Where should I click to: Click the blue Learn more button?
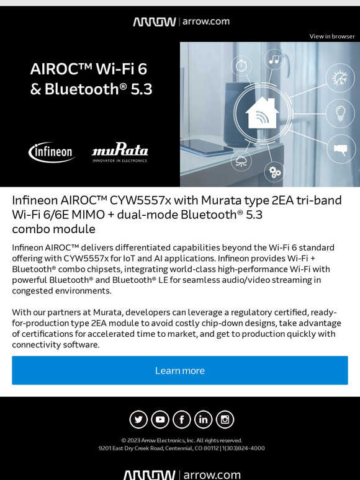(x=180, y=370)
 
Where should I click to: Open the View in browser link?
(x=332, y=37)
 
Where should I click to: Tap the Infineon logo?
(x=52, y=152)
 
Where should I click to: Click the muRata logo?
(x=120, y=152)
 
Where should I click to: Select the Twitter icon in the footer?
(x=138, y=420)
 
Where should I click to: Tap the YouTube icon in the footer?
(x=160, y=420)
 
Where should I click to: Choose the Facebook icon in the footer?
(x=182, y=420)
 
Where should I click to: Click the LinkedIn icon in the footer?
(x=204, y=420)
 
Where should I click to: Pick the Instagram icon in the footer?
(x=225, y=420)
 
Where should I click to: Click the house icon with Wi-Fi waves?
(x=261, y=113)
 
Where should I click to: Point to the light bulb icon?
(x=340, y=113)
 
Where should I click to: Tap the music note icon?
(x=274, y=59)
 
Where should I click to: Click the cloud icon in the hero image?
(x=241, y=162)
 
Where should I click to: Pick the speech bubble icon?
(x=340, y=149)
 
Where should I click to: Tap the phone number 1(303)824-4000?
(x=243, y=448)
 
